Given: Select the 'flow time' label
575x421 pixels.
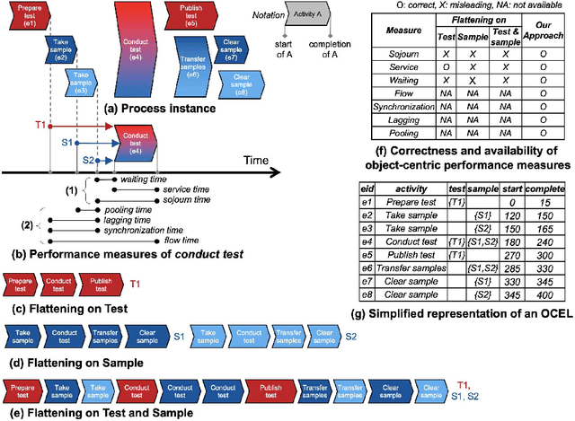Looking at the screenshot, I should pos(156,241).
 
